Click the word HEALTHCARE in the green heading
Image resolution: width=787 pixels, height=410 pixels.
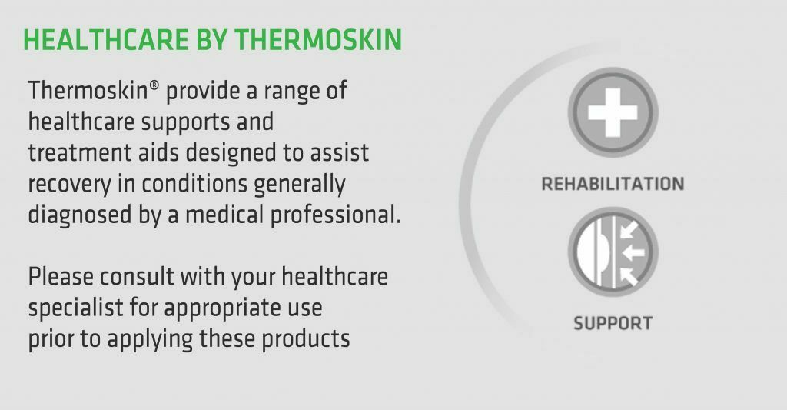point(106,40)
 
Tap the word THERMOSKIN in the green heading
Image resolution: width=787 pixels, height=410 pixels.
point(318,40)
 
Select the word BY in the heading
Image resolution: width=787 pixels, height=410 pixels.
point(211,40)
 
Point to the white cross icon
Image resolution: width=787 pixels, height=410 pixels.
point(613,112)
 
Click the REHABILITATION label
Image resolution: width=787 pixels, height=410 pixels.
point(613,184)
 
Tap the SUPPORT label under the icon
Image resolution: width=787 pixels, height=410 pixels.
point(613,323)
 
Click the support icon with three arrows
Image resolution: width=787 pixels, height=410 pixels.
point(613,252)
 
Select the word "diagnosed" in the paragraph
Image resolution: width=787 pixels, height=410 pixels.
point(79,215)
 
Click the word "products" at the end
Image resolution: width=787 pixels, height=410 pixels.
point(306,339)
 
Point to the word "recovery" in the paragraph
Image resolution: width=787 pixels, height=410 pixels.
point(69,185)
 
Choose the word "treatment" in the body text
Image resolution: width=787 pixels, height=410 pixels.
point(79,153)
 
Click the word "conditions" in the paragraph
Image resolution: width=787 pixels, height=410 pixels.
point(194,184)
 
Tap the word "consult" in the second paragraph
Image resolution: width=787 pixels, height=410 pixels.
point(137,277)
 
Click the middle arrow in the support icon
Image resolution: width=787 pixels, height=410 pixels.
point(633,252)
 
